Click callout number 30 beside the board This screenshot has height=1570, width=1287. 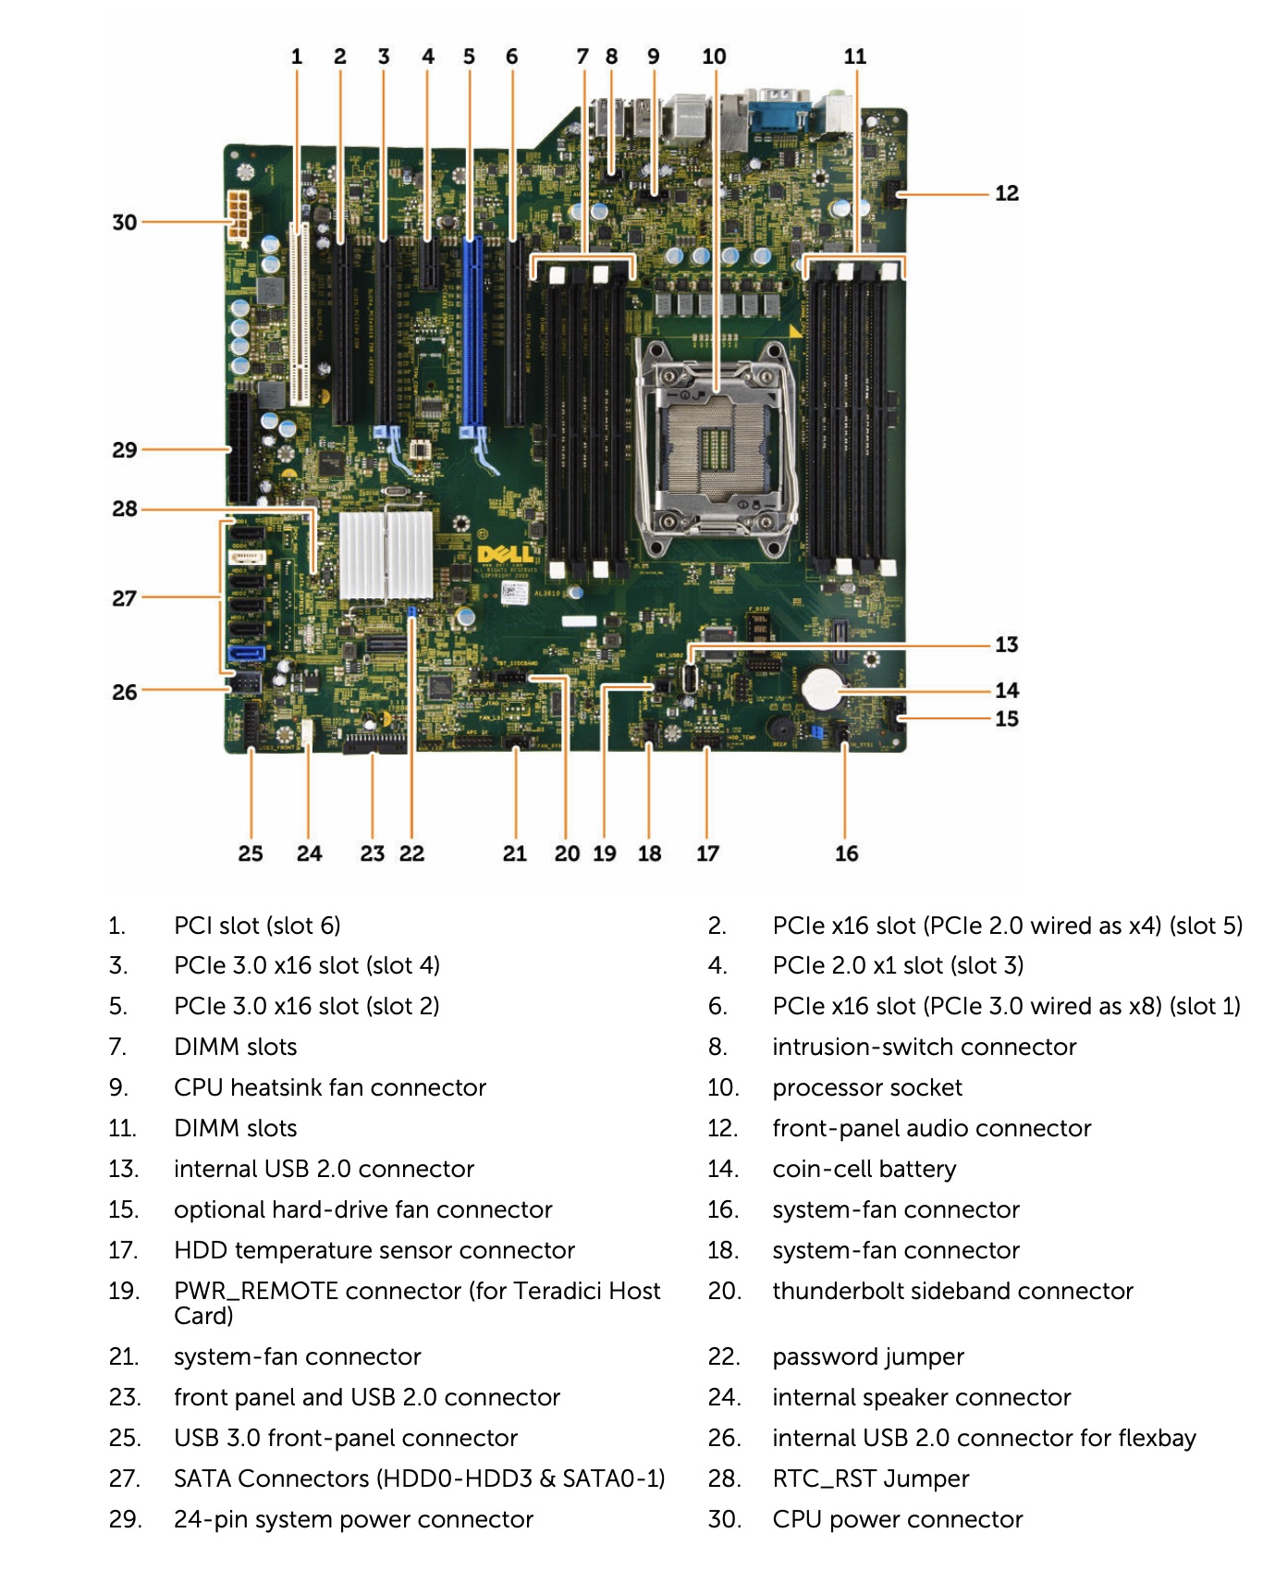coord(124,222)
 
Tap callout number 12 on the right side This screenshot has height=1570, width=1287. coord(1006,193)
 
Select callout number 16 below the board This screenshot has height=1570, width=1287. coord(846,853)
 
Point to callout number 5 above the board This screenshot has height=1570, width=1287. coord(469,56)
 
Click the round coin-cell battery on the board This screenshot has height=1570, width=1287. coord(822,688)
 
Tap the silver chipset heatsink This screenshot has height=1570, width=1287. coord(386,554)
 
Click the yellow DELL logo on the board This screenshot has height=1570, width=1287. coord(506,554)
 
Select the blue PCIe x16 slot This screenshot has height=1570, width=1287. coord(472,333)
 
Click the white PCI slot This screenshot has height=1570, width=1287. coord(299,314)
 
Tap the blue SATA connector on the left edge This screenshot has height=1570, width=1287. coord(246,653)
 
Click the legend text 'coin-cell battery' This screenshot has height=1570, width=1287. coord(864,1169)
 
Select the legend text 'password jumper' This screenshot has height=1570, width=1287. coord(867,1356)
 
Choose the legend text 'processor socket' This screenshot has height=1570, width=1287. coord(866,1087)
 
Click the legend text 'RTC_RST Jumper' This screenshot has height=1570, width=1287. coord(870,1478)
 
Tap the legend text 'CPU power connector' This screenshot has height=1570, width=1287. coord(897,1519)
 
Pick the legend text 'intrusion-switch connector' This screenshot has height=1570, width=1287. coord(924,1047)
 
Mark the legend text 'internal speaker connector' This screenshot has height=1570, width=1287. coord(921,1397)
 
